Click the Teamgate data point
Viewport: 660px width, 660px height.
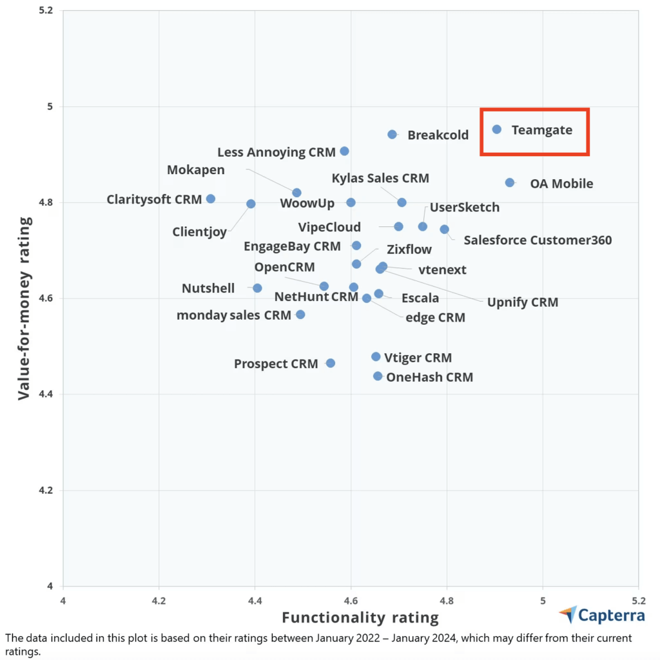497,130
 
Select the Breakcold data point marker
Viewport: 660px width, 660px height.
392,134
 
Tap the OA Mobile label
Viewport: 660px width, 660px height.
561,184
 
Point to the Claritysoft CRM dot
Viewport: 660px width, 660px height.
211,199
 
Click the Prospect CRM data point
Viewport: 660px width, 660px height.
331,364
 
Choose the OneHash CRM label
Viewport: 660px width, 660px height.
429,377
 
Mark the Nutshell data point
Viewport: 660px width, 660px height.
257,288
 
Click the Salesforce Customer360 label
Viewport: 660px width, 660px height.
538,240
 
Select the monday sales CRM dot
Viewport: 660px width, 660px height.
300,315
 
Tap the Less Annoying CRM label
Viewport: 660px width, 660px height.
277,152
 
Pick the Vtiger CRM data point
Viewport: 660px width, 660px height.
376,356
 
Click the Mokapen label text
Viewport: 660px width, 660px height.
196,170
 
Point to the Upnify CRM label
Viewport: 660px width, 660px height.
523,302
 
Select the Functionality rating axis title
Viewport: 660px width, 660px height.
360,617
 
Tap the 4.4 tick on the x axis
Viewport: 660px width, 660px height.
255,600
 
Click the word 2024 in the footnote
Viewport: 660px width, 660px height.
454,638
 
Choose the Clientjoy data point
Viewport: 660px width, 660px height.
251,204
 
